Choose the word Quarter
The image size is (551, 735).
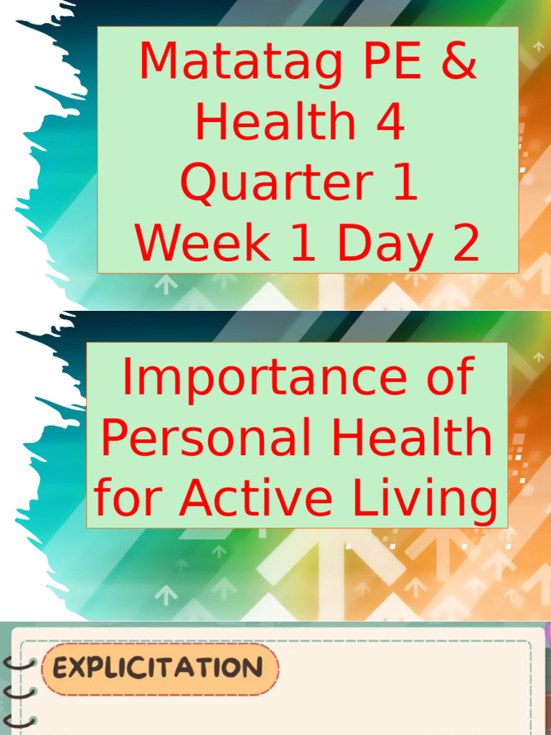point(270,183)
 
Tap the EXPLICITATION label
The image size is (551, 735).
point(158,668)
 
